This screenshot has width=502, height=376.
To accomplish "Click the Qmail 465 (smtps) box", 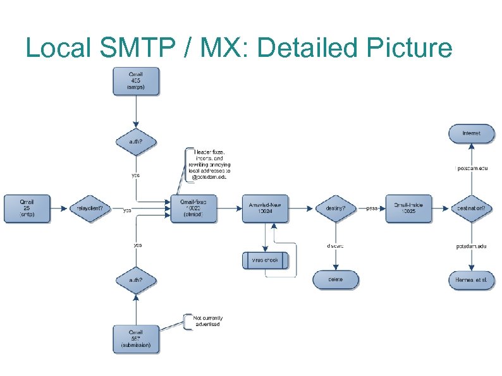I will pyautogui.click(x=136, y=83).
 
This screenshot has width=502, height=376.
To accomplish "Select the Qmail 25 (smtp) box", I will pyautogui.click(x=27, y=208).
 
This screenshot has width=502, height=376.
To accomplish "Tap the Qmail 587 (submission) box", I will pyautogui.click(x=136, y=339).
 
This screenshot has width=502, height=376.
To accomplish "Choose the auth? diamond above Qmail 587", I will pyautogui.click(x=136, y=280).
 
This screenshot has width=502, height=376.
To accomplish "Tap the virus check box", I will pyautogui.click(x=266, y=260).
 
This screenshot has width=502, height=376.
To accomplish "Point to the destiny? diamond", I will pyautogui.click(x=335, y=209).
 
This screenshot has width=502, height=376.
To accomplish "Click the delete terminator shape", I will pyautogui.click(x=335, y=279).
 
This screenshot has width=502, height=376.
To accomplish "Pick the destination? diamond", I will pyautogui.click(x=471, y=209).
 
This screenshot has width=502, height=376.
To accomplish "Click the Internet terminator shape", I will pyautogui.click(x=471, y=133).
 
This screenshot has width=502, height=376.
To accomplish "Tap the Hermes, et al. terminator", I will pyautogui.click(x=471, y=279).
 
